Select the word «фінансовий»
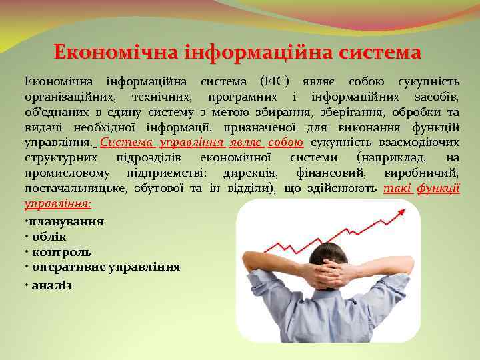click(325, 173)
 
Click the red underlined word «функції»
click(440, 188)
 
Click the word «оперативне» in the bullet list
click(67, 268)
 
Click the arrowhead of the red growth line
click(401, 213)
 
